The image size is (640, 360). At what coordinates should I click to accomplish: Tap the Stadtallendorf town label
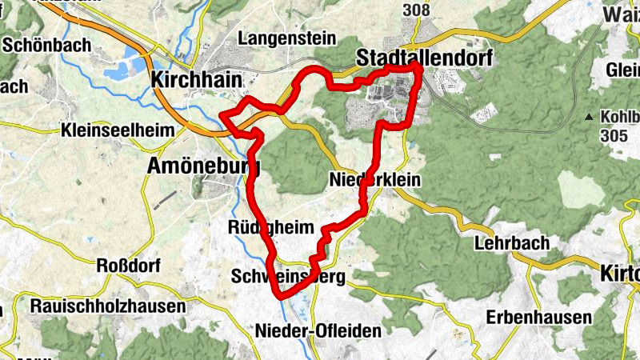click(x=423, y=57)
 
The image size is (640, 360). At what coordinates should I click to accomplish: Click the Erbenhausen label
click(x=538, y=317)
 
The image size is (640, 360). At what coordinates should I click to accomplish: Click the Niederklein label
click(x=374, y=181)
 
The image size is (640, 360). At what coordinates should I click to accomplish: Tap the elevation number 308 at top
click(x=417, y=10)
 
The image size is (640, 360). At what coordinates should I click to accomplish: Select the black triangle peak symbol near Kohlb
click(x=590, y=117)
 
